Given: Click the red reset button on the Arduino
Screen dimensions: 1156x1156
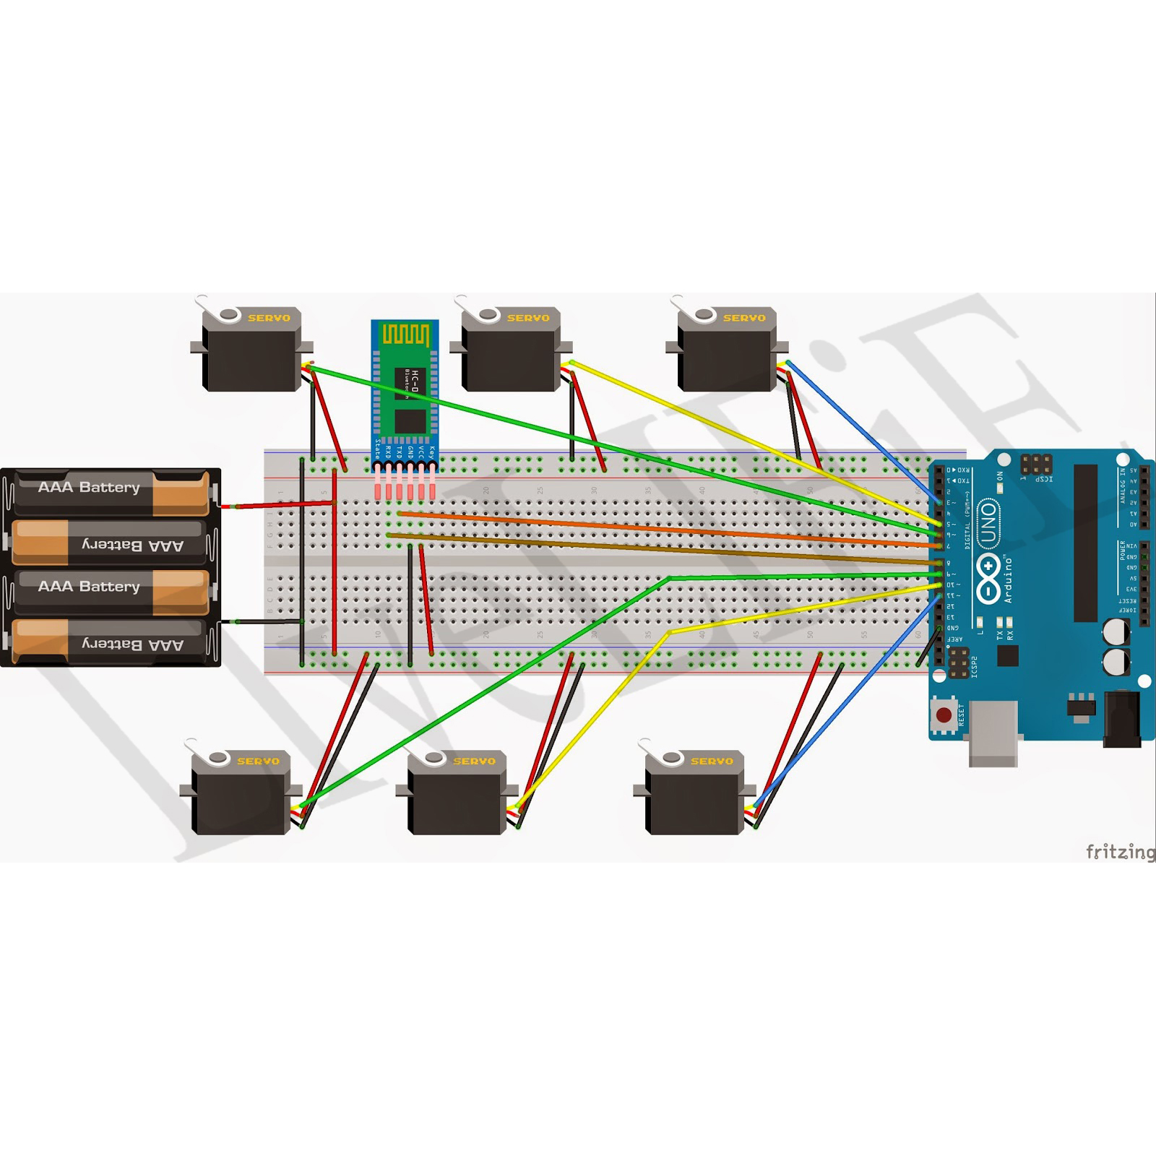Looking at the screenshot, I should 944,715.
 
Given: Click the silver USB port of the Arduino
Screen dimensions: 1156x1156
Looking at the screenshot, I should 993,733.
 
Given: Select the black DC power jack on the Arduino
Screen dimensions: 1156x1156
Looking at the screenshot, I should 1121,718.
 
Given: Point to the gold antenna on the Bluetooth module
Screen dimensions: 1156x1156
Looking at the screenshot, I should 405,335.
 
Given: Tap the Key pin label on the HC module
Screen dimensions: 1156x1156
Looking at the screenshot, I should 431,453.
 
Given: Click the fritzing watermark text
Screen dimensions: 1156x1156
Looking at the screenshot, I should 1120,852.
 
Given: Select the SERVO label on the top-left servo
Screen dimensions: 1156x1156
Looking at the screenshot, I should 269,318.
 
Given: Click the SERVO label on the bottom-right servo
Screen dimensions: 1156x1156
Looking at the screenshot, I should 712,762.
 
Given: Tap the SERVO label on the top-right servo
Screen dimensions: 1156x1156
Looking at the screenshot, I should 744,318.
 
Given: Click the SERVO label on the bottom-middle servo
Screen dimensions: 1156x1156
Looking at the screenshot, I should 474,762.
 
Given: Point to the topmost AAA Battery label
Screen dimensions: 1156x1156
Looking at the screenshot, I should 89,487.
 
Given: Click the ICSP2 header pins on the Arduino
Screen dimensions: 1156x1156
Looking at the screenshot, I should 959,663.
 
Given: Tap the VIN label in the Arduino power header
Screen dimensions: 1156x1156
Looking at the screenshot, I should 1131,546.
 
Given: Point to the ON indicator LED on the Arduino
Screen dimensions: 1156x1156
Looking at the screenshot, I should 1000,488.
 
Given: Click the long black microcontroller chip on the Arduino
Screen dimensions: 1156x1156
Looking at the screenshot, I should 1085,543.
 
